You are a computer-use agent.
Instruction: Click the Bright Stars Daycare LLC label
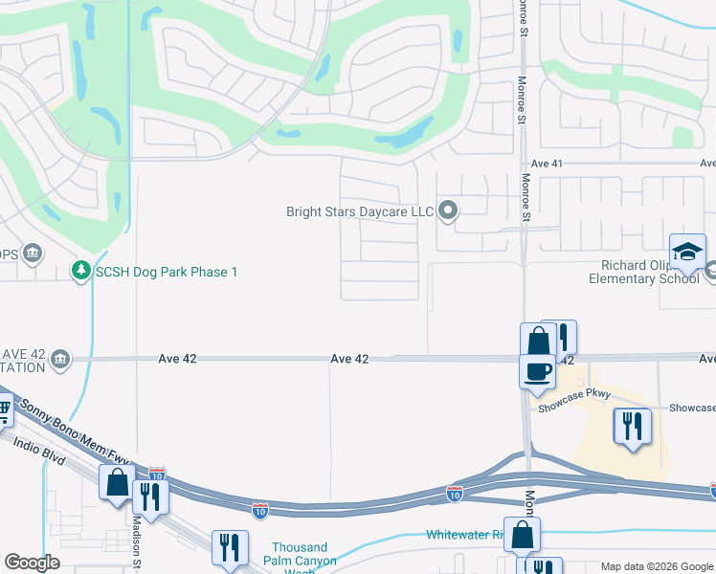(x=360, y=211)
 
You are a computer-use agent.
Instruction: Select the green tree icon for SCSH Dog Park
(x=82, y=272)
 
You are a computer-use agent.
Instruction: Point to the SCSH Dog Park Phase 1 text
(x=166, y=273)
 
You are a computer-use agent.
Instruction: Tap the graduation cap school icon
(x=687, y=253)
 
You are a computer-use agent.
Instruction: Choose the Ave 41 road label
(x=546, y=164)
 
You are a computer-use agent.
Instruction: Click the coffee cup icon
(x=537, y=370)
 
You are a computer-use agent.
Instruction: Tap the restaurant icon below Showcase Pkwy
(x=632, y=426)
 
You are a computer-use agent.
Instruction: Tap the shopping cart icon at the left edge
(x=4, y=411)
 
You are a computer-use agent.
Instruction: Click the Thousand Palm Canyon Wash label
(x=304, y=560)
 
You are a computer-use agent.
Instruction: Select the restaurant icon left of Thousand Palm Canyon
(x=230, y=549)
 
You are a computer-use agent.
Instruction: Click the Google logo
(x=33, y=563)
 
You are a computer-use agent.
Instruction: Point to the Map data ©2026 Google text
(x=656, y=566)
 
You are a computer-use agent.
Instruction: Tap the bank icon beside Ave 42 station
(x=60, y=359)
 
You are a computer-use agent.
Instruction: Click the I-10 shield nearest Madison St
(x=157, y=475)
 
